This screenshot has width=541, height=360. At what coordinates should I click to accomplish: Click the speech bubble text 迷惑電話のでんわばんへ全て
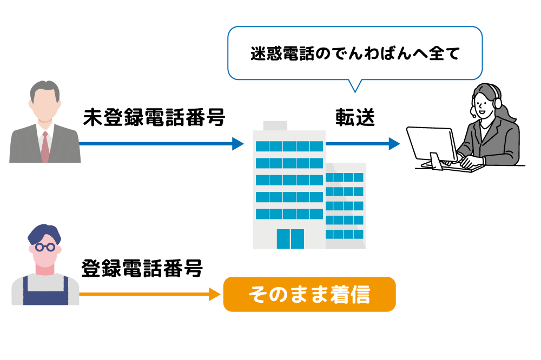coord(355,54)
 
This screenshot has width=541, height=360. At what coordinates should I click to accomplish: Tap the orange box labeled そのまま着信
coord(309,294)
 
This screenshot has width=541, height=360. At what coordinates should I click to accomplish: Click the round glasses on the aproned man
coord(45,247)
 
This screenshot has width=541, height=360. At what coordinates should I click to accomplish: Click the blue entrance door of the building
coord(291,239)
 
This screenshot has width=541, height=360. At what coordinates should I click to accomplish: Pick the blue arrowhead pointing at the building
coord(238,143)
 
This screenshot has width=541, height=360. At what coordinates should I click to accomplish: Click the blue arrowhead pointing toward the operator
coord(394,143)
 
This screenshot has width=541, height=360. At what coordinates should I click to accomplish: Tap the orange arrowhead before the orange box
coord(215,294)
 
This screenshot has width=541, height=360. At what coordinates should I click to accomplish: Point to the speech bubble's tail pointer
coord(354,85)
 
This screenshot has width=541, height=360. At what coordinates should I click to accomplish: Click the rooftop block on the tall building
coord(275,125)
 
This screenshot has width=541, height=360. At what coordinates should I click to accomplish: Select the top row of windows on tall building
coord(289,146)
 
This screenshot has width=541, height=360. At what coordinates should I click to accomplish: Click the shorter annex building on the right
coord(346,205)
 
